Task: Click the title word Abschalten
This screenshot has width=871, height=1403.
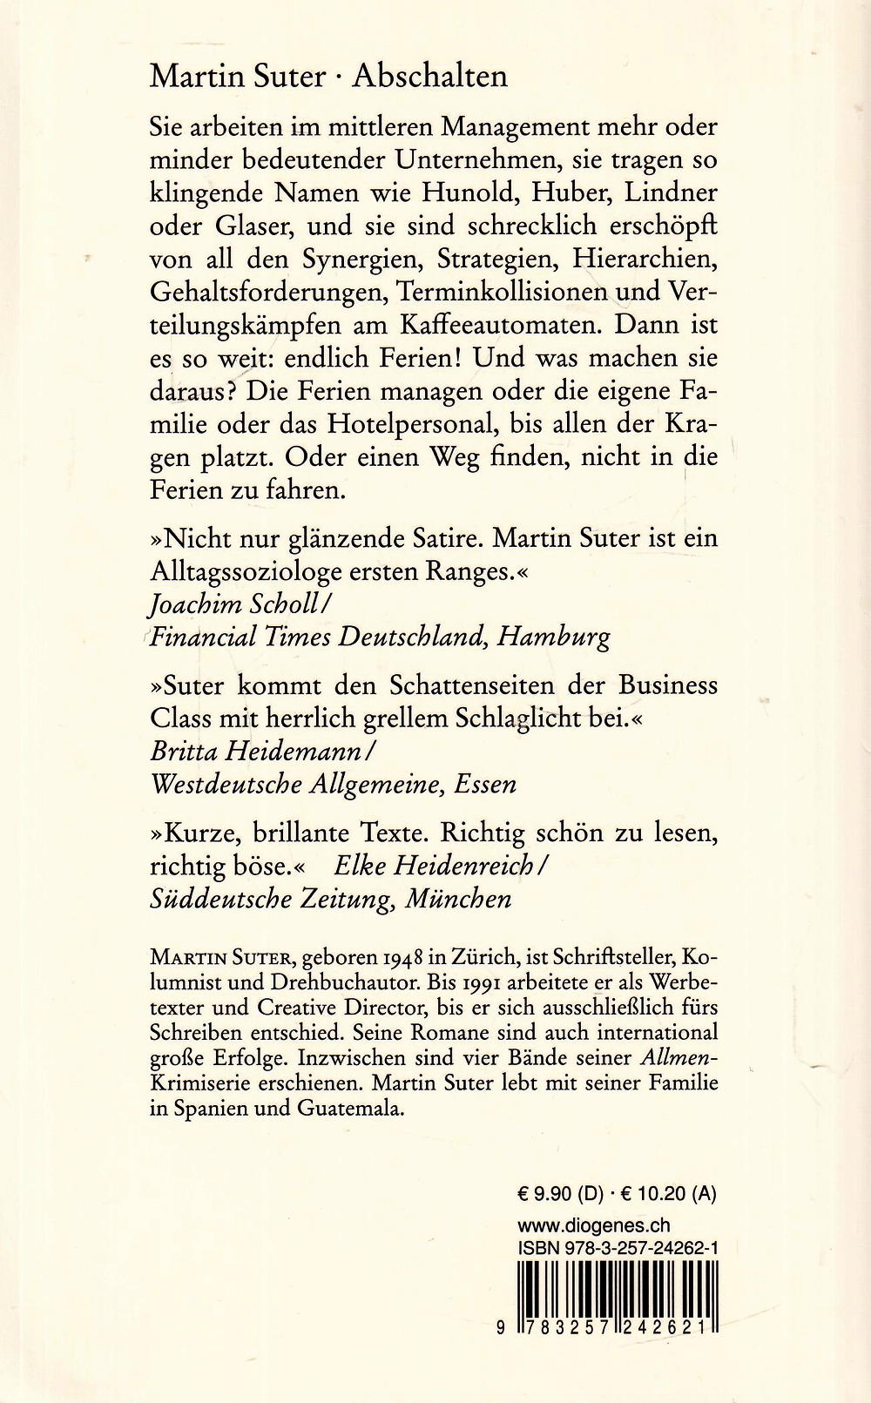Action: [429, 77]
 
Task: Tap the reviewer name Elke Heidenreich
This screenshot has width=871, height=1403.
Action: [441, 866]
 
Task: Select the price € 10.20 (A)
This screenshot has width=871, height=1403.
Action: [669, 1194]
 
